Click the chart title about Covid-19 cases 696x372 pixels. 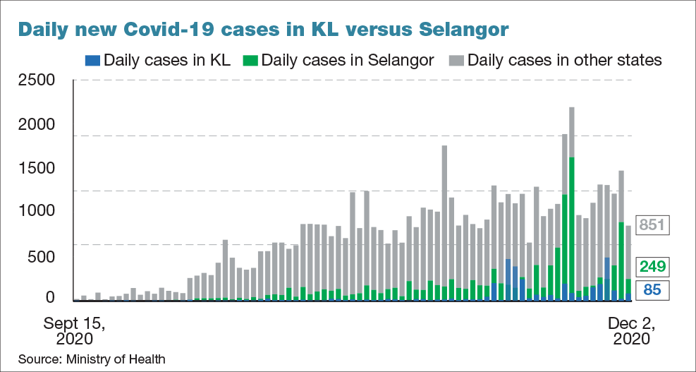[x=262, y=29]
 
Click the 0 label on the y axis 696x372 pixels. [x=49, y=299]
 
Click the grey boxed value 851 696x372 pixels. [x=652, y=226]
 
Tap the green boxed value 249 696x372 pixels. [x=652, y=267]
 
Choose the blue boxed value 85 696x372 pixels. [x=652, y=289]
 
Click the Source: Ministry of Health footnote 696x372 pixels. [x=92, y=359]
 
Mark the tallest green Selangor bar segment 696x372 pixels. [x=571, y=226]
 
